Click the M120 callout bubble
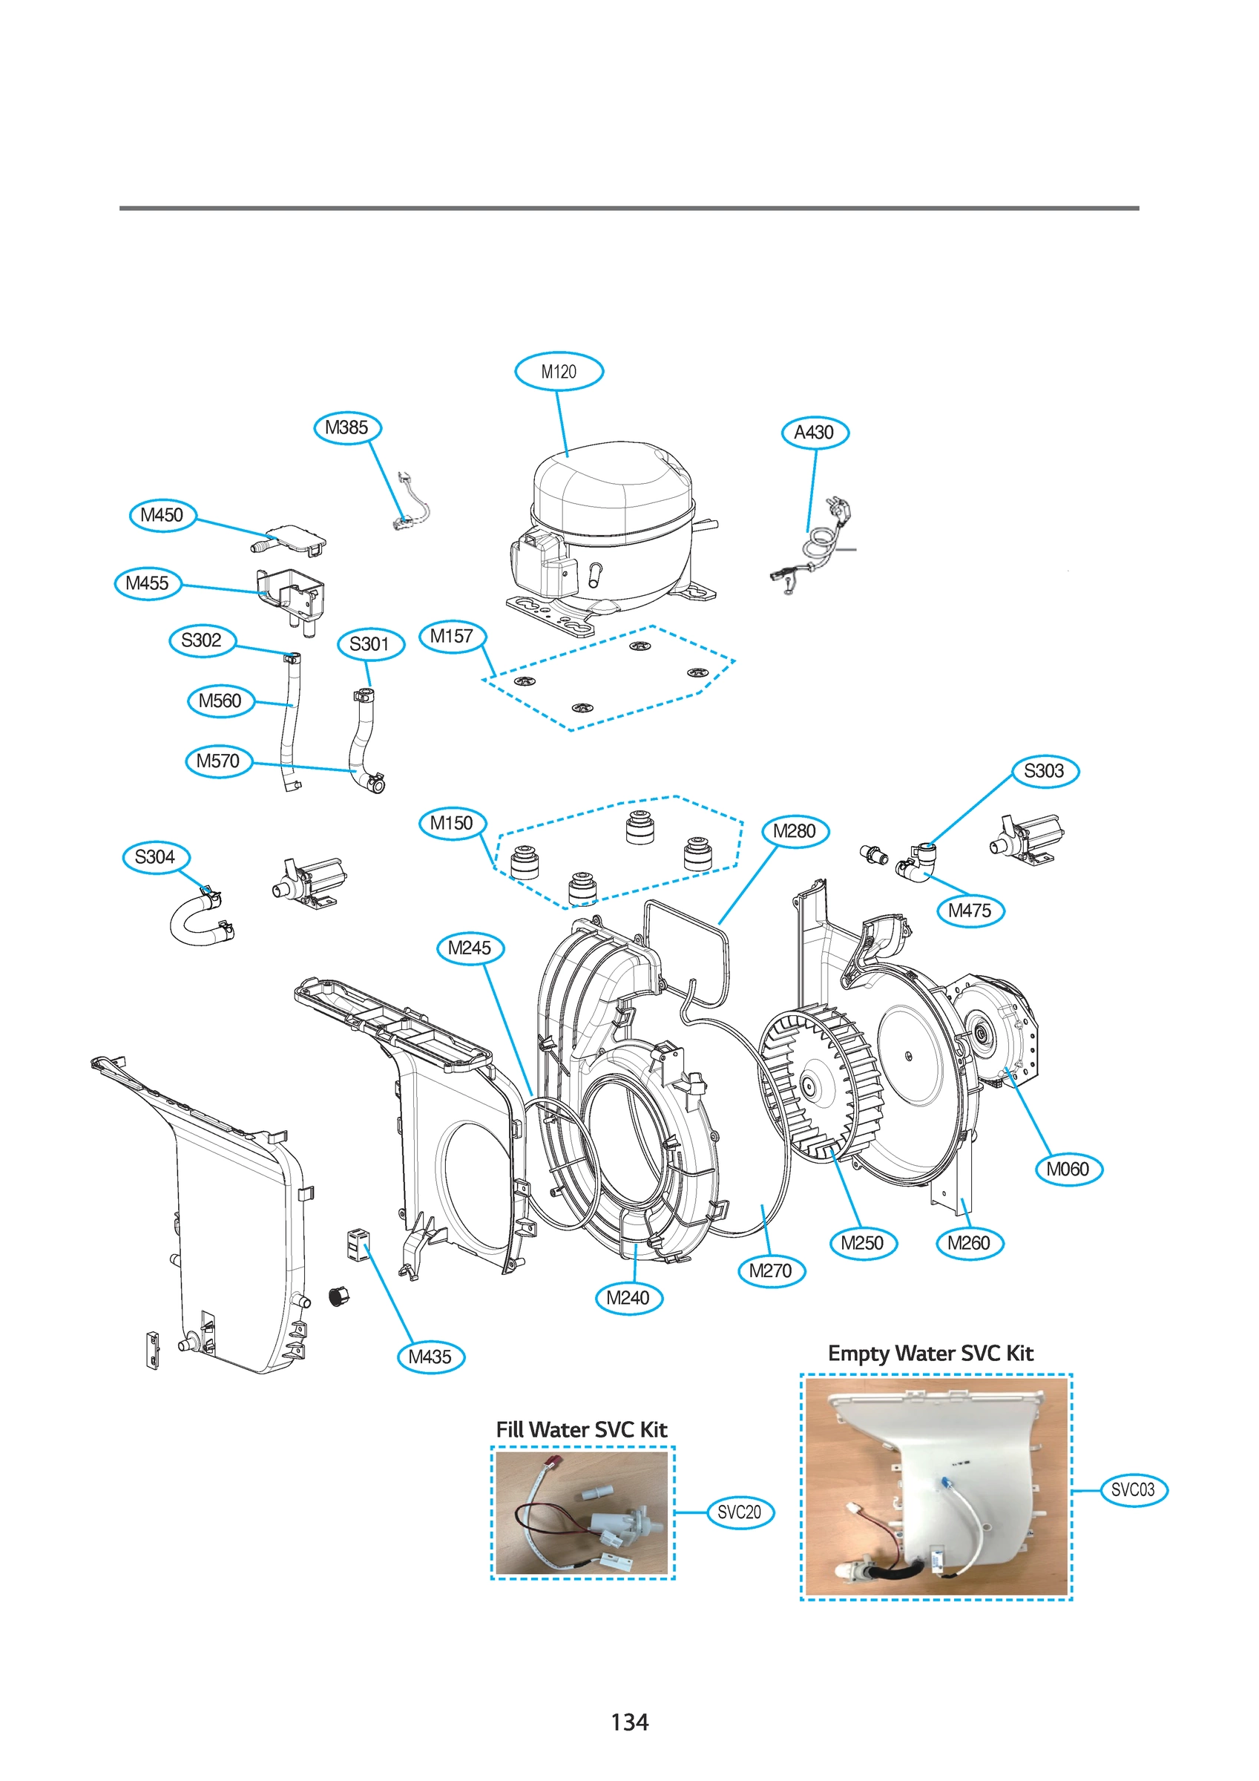coord(559,372)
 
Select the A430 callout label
coord(815,432)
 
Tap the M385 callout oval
coord(346,427)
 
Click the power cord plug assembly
coord(815,543)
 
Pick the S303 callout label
coord(1044,771)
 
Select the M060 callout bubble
coord(1068,1169)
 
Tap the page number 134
coord(629,1722)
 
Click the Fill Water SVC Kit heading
coord(582,1429)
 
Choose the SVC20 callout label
coord(740,1512)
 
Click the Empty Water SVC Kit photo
coord(936,1486)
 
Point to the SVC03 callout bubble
coord(1133,1490)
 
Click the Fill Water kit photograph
coord(582,1512)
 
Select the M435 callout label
coord(430,1357)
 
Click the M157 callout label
coord(453,637)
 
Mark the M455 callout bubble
coord(148,583)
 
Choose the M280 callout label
coord(795,832)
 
